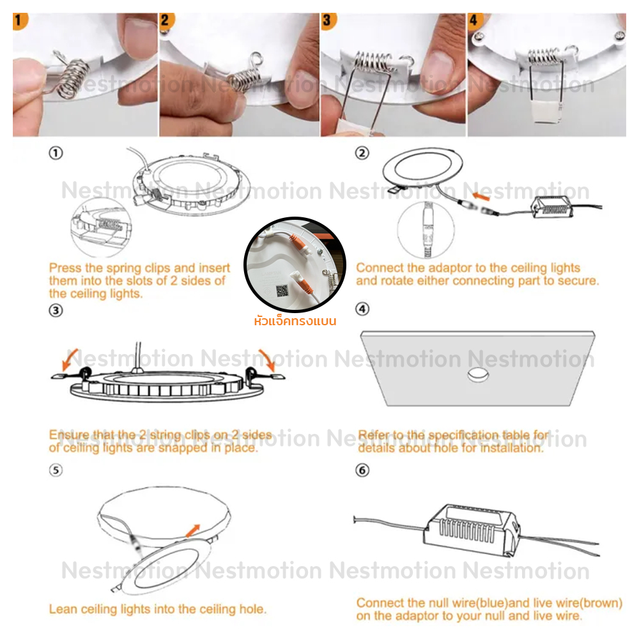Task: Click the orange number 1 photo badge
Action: [20, 21]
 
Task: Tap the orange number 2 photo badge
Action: [166, 21]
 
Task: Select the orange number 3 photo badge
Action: [328, 21]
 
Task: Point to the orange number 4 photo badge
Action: [474, 20]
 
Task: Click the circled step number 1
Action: [56, 153]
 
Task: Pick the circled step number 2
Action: [362, 153]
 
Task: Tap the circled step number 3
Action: [56, 311]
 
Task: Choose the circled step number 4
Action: [362, 309]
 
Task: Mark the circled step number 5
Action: [56, 470]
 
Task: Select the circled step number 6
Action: [362, 470]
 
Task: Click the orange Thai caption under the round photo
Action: [295, 320]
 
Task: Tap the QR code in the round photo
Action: [282, 291]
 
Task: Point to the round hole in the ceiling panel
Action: [478, 374]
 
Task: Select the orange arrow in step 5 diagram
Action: [193, 531]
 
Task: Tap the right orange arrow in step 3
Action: [267, 360]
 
